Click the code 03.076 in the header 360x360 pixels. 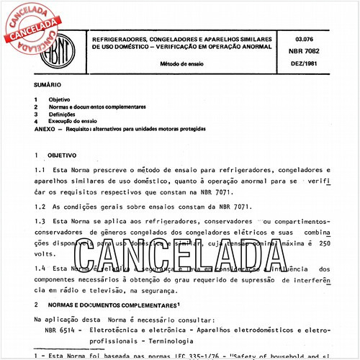pyautogui.click(x=303, y=33)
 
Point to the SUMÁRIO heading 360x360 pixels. pyautogui.click(x=47, y=84)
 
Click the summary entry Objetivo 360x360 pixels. pyautogui.click(x=58, y=99)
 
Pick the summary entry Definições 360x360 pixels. pyautogui.click(x=61, y=114)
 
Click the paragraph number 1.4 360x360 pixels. pyautogui.click(x=40, y=268)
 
